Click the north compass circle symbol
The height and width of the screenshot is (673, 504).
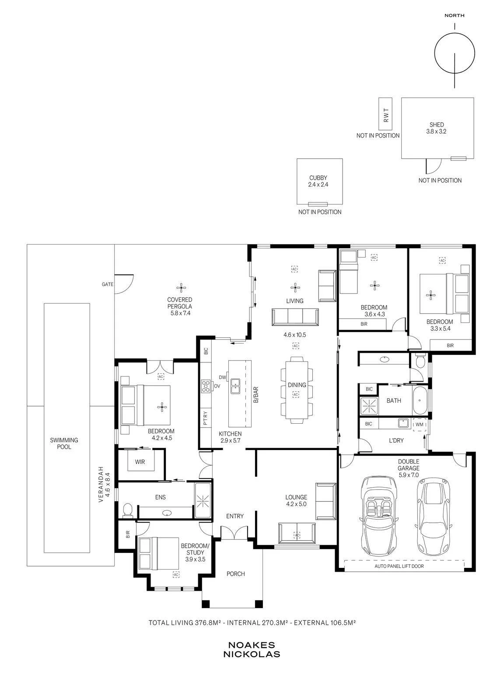tap(434, 53)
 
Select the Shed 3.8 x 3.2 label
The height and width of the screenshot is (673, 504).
tap(436, 128)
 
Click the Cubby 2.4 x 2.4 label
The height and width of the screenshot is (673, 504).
tap(318, 181)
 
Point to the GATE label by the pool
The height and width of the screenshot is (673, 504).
tap(108, 284)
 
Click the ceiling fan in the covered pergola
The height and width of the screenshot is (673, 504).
tap(181, 287)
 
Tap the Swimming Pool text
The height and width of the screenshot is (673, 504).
tap(64, 443)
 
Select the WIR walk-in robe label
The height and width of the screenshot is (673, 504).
tap(140, 462)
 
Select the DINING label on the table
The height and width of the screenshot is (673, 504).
tap(297, 385)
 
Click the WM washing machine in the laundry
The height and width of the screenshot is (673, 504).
tap(419, 425)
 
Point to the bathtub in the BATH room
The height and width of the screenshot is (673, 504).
tap(420, 400)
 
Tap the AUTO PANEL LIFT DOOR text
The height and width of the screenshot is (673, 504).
tap(399, 566)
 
